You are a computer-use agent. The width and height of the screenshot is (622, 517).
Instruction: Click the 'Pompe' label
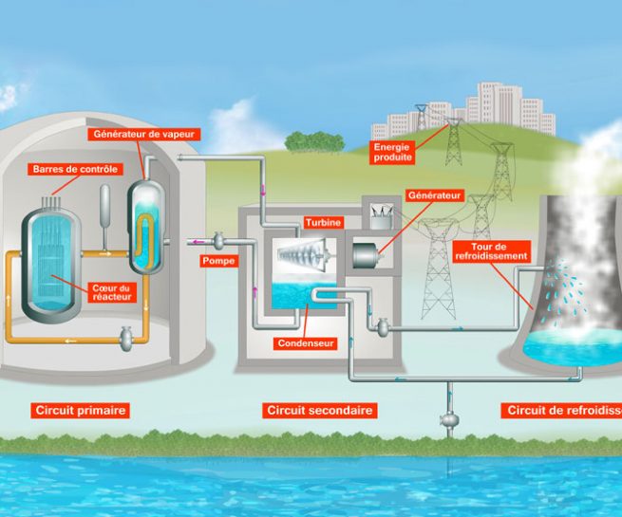(218, 259)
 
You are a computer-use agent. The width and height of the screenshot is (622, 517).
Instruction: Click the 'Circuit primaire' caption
(66, 411)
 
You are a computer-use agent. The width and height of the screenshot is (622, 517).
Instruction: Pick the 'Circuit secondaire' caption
(318, 411)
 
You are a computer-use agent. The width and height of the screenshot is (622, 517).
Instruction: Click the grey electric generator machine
(368, 254)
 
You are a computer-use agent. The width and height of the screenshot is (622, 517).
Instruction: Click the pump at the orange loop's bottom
(125, 335)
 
